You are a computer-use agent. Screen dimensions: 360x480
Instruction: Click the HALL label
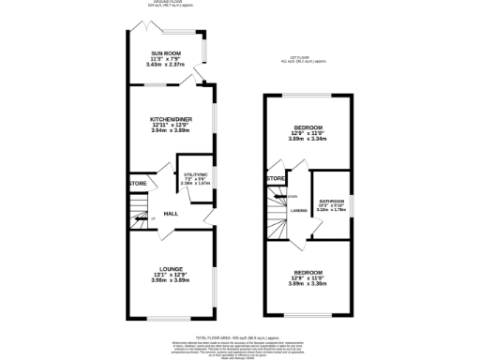coord(172,214)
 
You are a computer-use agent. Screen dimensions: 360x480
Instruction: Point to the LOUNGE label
coord(170,268)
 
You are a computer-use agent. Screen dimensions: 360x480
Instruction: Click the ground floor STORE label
coord(139,183)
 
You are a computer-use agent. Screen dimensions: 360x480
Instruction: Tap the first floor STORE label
coord(276,178)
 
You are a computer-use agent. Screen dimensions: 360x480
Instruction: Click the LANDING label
coord(298,210)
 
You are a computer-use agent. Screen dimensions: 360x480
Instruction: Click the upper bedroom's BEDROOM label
coord(308,127)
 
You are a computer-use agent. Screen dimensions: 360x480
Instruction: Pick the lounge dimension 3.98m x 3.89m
coord(170,280)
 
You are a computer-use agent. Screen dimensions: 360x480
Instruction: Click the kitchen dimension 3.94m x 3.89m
coord(170,132)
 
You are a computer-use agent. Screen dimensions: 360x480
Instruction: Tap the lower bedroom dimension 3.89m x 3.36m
coord(308,283)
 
